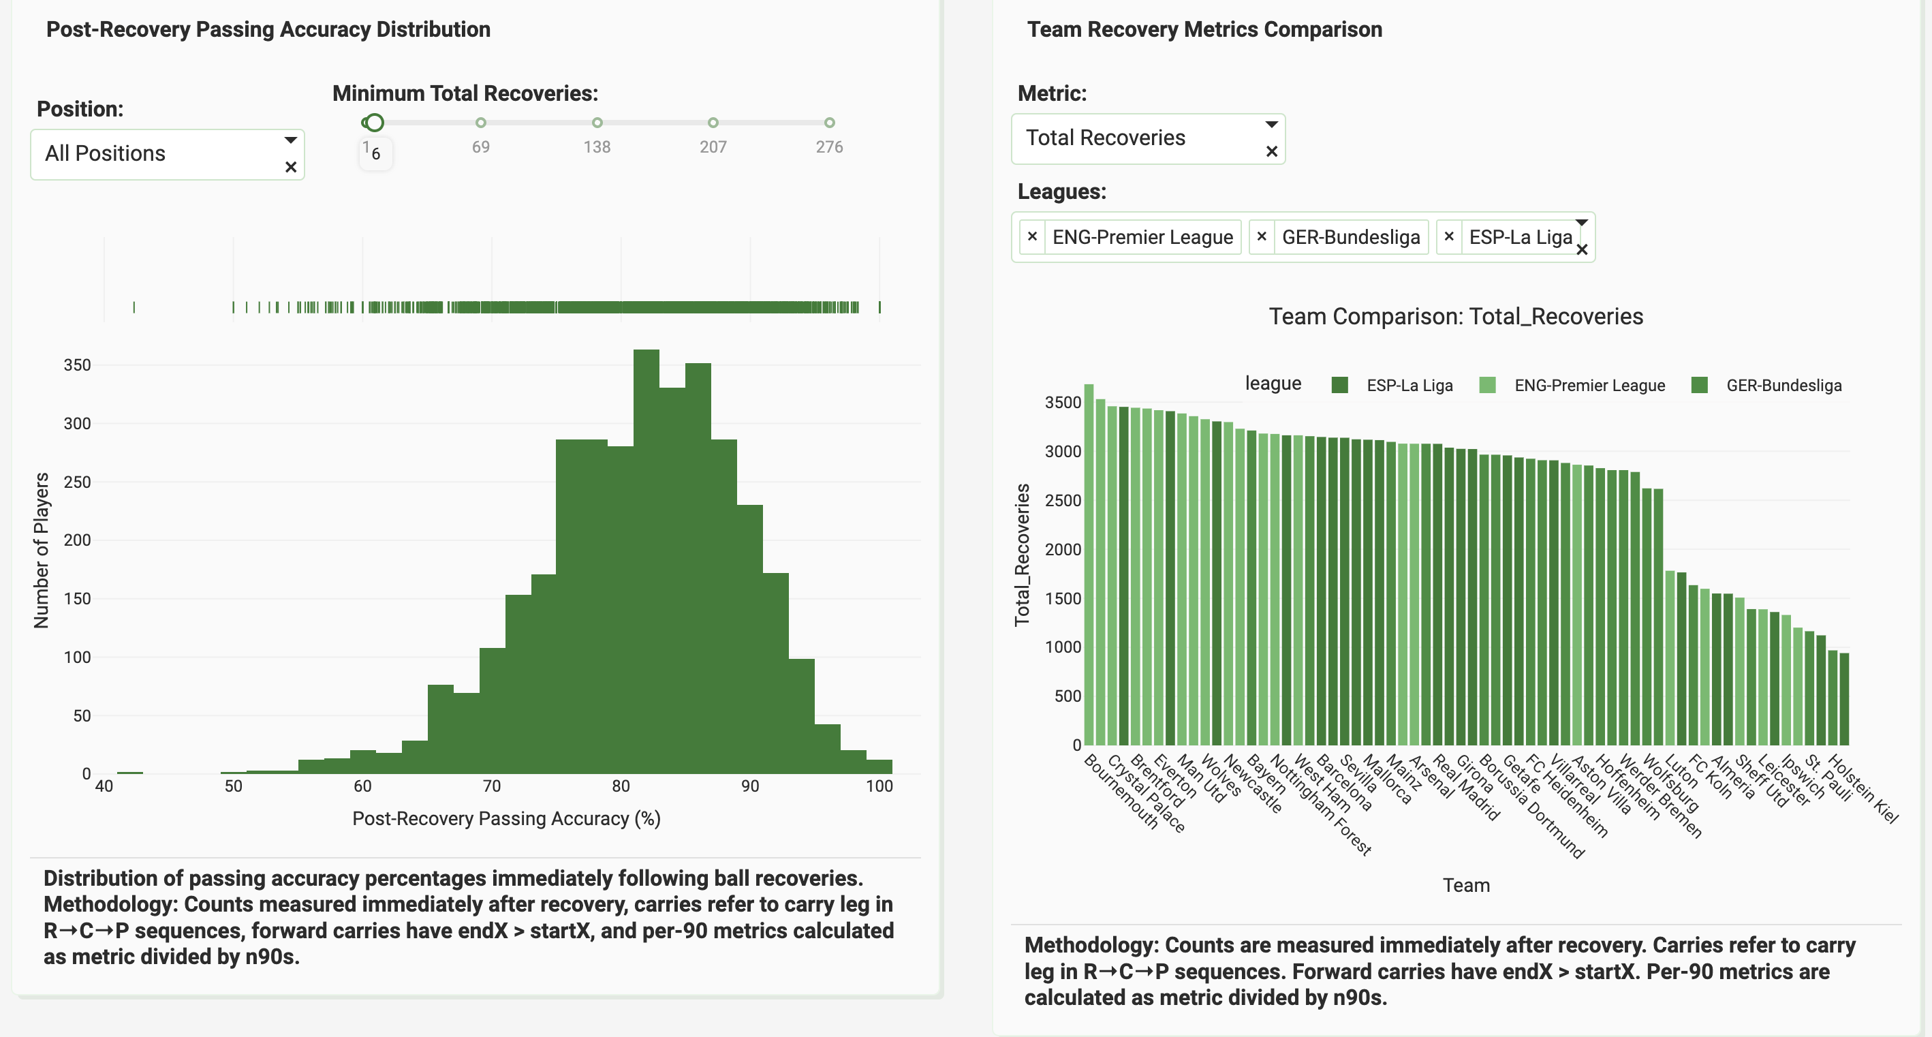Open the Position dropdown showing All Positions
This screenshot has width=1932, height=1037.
pos(166,154)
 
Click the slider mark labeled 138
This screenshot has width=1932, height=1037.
pos(597,123)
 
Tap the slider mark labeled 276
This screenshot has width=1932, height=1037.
pos(829,123)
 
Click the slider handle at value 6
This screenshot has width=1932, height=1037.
pos(373,123)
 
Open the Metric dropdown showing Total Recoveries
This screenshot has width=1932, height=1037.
pos(1147,138)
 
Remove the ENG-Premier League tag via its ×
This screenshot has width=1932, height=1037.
pos(1032,237)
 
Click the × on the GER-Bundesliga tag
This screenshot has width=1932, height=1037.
pos(1262,237)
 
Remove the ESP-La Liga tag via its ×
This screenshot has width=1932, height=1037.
pos(1449,237)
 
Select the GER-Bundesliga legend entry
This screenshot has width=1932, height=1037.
pos(1767,386)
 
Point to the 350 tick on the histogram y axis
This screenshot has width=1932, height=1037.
pos(77,365)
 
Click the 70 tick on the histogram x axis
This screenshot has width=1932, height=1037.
pos(491,786)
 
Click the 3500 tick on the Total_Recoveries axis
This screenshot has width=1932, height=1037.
pos(1063,403)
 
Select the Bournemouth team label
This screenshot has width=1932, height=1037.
pos(1122,792)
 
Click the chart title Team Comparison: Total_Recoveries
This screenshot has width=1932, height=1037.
pos(1455,317)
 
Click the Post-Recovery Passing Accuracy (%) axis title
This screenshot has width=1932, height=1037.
pos(506,819)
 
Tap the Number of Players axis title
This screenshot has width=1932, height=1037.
pos(42,550)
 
